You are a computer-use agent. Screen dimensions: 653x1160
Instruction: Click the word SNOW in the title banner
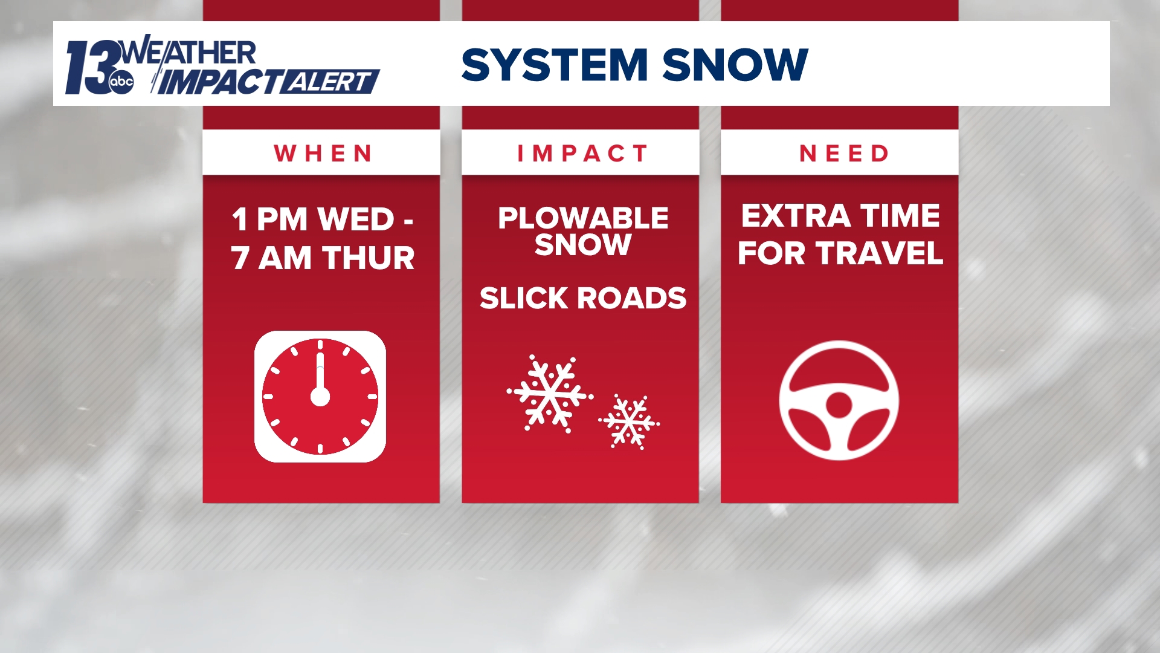[x=736, y=65]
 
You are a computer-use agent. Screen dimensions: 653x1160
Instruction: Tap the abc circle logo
[x=121, y=83]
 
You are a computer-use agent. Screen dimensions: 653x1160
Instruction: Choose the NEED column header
[x=844, y=154]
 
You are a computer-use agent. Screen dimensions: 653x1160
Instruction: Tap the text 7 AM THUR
[x=322, y=258]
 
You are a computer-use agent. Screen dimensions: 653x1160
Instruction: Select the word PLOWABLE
[x=583, y=218]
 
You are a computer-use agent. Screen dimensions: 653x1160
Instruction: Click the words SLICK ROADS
[x=583, y=298]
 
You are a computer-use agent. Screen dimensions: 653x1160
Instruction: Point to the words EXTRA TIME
[x=840, y=216]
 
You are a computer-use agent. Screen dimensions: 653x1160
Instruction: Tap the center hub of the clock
[x=320, y=397]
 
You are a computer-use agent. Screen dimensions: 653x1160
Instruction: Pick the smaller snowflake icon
[x=629, y=421]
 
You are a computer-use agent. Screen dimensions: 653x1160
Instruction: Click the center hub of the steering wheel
[x=839, y=404]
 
